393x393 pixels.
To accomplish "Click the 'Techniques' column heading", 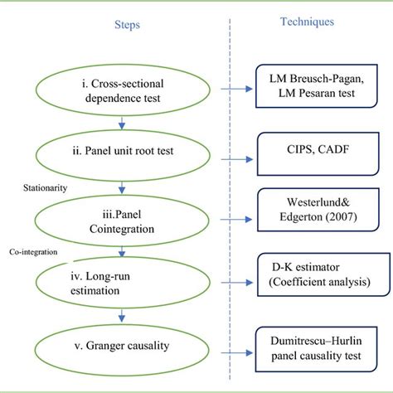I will coord(307,22).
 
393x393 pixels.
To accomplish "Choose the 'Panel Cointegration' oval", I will coord(124,218).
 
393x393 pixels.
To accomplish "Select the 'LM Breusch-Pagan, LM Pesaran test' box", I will coord(311,85).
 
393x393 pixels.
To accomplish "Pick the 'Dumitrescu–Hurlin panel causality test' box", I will coord(311,344).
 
